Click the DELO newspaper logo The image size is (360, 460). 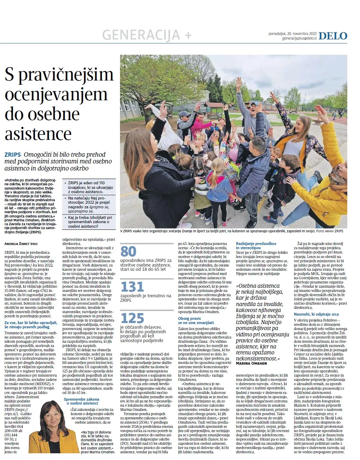332,36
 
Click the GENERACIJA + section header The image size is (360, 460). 146,35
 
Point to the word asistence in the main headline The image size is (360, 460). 38,134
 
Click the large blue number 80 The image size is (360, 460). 128,252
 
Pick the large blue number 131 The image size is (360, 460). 132,287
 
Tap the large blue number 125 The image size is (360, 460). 132,318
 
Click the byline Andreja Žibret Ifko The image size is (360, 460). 21,244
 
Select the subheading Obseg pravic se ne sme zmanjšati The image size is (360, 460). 196,321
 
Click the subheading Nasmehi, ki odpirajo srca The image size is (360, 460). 316,314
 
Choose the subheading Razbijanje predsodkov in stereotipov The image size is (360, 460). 256,246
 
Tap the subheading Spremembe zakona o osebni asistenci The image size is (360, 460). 82,401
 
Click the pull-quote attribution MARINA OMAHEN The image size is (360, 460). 251,363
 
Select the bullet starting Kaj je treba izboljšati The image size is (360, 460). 90,222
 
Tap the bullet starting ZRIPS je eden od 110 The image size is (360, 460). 90,187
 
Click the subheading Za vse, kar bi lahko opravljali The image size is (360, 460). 30,325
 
